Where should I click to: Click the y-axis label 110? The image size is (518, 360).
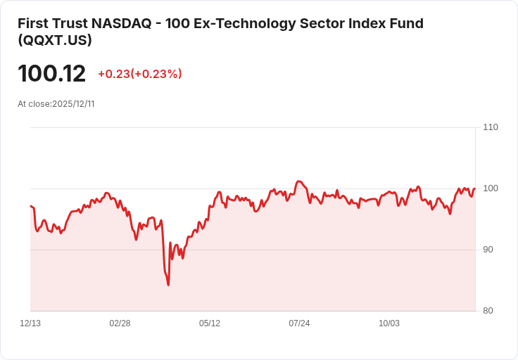point(491,127)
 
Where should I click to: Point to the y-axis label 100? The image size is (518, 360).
point(491,188)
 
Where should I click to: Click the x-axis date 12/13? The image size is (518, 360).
point(30,323)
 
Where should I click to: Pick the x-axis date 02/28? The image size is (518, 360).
point(120,323)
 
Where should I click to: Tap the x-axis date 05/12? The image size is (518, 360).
point(210,323)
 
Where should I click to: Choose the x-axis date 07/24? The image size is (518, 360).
point(299,323)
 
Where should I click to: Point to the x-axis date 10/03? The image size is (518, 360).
point(389,323)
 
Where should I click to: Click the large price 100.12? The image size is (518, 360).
point(51,74)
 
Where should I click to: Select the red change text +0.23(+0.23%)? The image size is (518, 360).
point(140,74)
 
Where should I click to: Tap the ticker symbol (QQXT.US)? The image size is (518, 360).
point(55,41)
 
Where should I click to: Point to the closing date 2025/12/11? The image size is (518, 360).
point(73,104)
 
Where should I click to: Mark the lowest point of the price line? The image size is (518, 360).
point(168,285)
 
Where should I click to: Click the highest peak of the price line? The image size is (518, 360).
point(298,181)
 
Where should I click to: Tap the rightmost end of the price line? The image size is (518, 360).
point(475,188)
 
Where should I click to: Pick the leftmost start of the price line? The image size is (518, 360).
point(30,206)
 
